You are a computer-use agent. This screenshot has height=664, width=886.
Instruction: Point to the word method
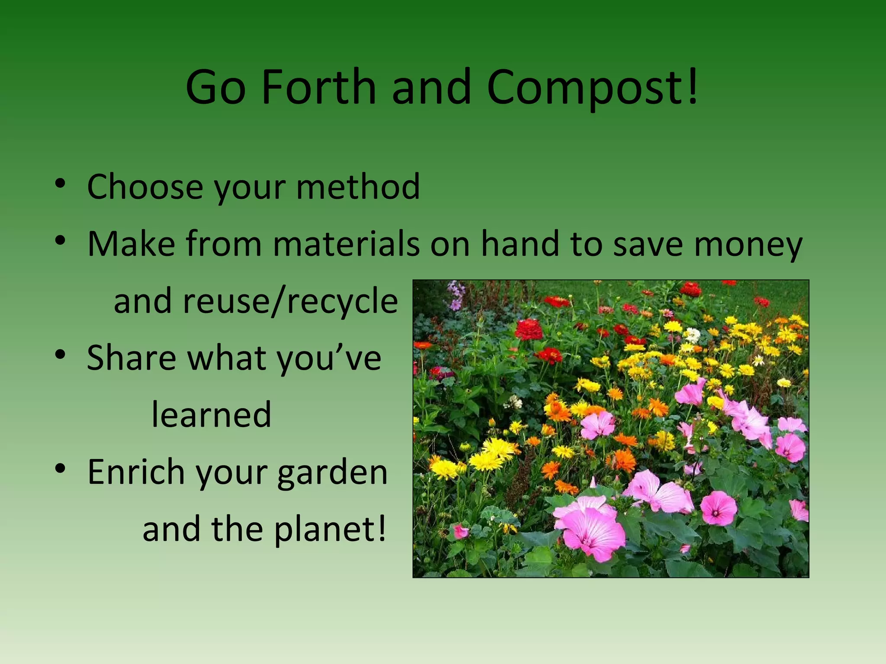(358, 187)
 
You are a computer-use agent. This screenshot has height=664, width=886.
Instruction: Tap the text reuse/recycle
(290, 301)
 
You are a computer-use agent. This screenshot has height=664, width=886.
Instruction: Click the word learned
(212, 415)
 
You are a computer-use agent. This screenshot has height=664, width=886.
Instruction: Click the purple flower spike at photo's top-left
(455, 294)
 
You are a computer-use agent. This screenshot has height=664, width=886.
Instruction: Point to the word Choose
(145, 187)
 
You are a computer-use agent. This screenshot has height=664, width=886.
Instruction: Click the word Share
(132, 358)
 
